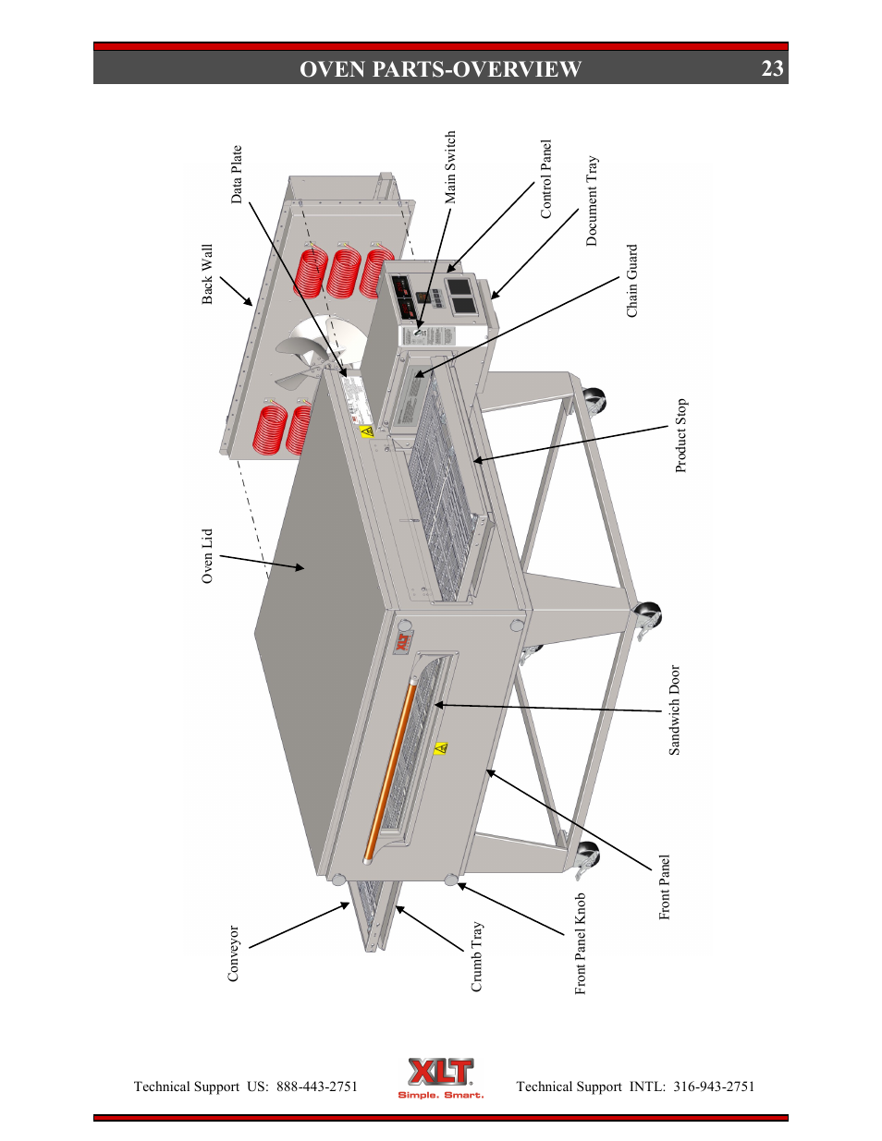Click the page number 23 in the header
(x=772, y=68)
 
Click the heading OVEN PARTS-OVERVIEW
(x=440, y=69)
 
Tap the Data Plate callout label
(x=237, y=174)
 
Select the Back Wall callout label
(x=207, y=274)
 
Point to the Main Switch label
(x=450, y=167)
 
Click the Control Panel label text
(x=545, y=179)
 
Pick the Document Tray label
(x=592, y=200)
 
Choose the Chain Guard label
(x=632, y=281)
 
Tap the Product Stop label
(x=681, y=435)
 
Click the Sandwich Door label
(x=674, y=710)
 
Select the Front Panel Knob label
(x=581, y=943)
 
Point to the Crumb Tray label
(x=477, y=956)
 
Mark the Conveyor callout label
(x=233, y=953)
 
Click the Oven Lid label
(x=207, y=556)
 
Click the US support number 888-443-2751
(x=316, y=1086)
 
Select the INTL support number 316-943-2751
(x=713, y=1086)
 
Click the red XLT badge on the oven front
(x=404, y=642)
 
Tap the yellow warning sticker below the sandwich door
(x=441, y=747)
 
